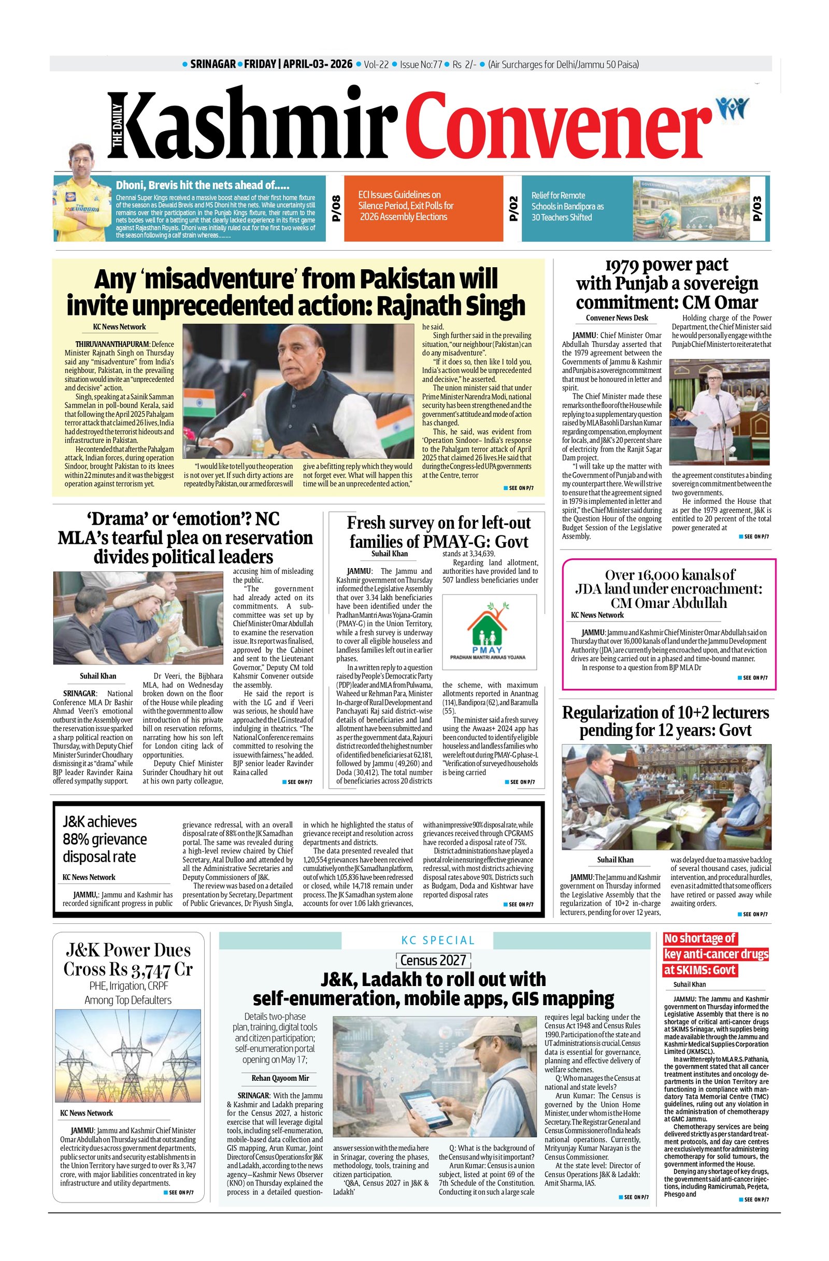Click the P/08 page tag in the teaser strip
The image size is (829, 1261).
[x=335, y=209]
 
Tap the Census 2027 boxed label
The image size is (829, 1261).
[x=433, y=960]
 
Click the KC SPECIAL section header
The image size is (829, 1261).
[x=437, y=940]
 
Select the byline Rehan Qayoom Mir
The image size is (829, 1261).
[x=280, y=1078]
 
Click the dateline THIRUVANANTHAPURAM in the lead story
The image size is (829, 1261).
[x=113, y=344]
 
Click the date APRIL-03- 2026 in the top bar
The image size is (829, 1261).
[x=318, y=64]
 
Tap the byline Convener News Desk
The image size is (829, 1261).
[x=617, y=318]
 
